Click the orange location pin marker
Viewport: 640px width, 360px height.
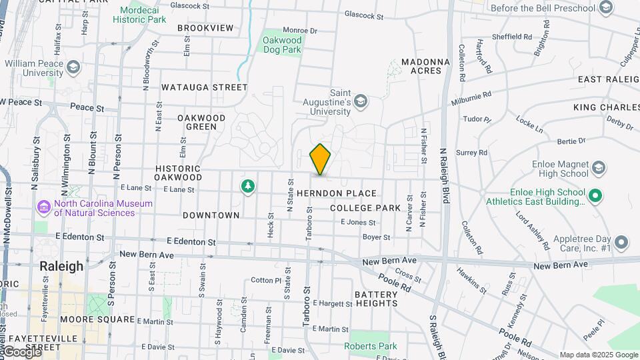[x=320, y=159]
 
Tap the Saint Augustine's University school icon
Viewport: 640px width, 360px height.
[x=361, y=101]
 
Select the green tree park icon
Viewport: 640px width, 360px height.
[x=248, y=185]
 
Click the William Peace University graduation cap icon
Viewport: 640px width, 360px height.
[x=73, y=67]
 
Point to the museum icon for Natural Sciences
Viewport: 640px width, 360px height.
[x=45, y=207]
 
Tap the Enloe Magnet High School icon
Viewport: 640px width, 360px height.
[x=598, y=168]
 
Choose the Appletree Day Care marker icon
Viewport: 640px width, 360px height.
[x=621, y=242]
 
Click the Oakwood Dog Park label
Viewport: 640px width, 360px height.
[x=282, y=45]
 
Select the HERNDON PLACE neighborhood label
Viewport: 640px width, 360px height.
[x=337, y=193]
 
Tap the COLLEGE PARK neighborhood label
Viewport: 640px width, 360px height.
[x=365, y=208]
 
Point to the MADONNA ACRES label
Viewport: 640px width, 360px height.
[x=421, y=66]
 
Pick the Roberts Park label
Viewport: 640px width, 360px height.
[x=370, y=346]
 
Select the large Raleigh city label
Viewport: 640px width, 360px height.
[x=61, y=266]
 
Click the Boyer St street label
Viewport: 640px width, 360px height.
[x=376, y=237]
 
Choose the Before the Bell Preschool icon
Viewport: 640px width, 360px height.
[x=606, y=8]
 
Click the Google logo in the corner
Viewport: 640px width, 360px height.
[x=21, y=352]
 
